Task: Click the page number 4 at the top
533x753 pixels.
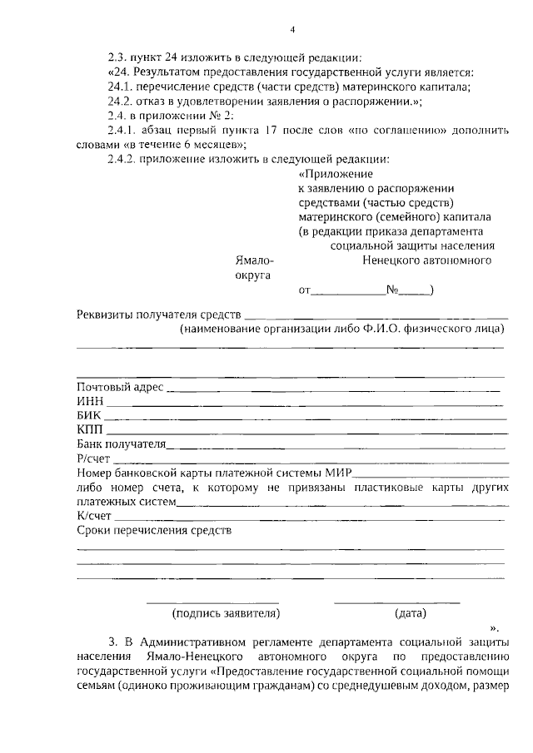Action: (x=292, y=30)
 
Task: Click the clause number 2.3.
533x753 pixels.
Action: (x=119, y=57)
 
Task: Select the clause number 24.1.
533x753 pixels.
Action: (x=121, y=87)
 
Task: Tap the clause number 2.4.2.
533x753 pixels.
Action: (x=124, y=159)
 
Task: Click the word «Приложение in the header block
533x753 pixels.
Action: (x=335, y=174)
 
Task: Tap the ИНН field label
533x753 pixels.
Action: (x=89, y=401)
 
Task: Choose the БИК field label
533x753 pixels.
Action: (x=89, y=415)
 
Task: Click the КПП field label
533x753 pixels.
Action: (x=89, y=429)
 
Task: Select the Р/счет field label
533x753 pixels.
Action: (x=93, y=458)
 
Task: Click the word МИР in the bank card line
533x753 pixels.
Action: (x=336, y=473)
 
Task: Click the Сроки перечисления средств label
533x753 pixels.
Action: (x=153, y=530)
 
